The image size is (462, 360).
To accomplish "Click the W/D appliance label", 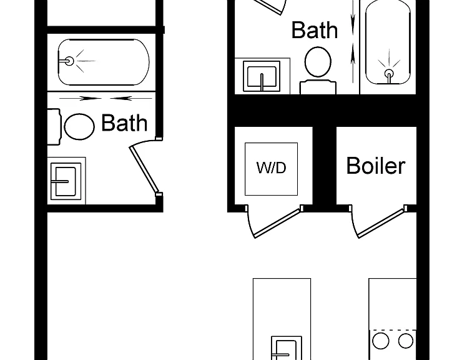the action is pyautogui.click(x=271, y=167).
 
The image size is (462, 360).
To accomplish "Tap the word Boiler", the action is pyautogui.click(x=376, y=166).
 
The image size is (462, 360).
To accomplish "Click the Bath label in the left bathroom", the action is pyautogui.click(x=124, y=123).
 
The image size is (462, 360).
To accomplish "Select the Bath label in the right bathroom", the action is pyautogui.click(x=315, y=30).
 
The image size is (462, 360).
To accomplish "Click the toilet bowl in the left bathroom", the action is pyautogui.click(x=79, y=127).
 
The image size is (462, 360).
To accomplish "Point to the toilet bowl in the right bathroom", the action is pyautogui.click(x=318, y=62).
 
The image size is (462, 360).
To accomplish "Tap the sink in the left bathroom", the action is pyautogui.click(x=66, y=181).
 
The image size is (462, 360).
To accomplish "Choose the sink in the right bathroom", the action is pyautogui.click(x=262, y=76).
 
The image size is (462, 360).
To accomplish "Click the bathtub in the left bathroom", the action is pyautogui.click(x=104, y=62).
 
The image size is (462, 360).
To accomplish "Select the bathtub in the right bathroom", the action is pyautogui.click(x=388, y=42).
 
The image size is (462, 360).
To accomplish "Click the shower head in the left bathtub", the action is pyautogui.click(x=69, y=61).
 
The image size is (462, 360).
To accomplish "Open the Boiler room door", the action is pyautogui.click(x=382, y=222).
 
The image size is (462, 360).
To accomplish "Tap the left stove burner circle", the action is pyautogui.click(x=380, y=341).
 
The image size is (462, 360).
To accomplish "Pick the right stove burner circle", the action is pyautogui.click(x=406, y=341).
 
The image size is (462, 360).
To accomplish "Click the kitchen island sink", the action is pyautogui.click(x=287, y=348).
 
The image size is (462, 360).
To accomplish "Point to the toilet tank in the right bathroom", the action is pyautogui.click(x=318, y=87).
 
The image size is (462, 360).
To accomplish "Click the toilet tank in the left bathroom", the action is pyautogui.click(x=54, y=127).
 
